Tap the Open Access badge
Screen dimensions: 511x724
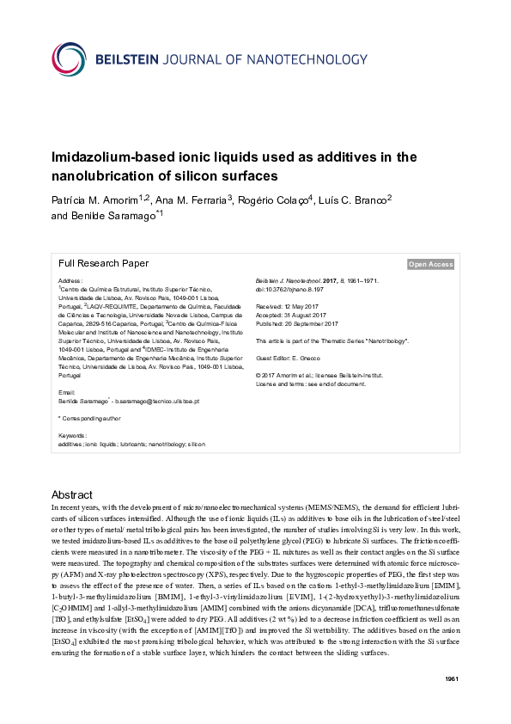point(430,265)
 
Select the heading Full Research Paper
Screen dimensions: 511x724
point(103,264)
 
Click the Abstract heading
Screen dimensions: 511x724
point(72,495)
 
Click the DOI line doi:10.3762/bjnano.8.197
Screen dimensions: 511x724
point(289,290)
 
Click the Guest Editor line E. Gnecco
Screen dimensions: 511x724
point(291,357)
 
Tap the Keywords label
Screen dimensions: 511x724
point(73,436)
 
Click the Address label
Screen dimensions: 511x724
point(70,281)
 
